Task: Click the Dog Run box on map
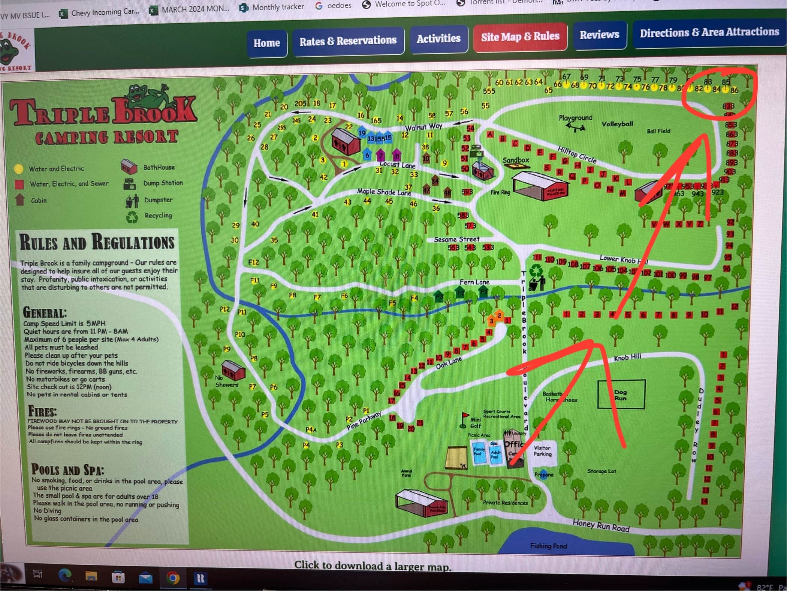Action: (x=621, y=394)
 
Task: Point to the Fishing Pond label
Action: (x=548, y=546)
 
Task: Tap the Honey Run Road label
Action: (x=601, y=526)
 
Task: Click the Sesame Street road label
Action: (x=456, y=239)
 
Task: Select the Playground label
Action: (x=575, y=118)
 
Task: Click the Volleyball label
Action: (x=617, y=124)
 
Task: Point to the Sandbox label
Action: (x=516, y=160)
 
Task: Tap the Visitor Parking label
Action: (x=542, y=451)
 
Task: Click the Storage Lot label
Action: (x=601, y=471)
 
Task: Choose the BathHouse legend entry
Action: (x=159, y=168)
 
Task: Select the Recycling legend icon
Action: (x=132, y=217)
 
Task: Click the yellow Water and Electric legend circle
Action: (x=18, y=169)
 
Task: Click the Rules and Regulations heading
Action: (x=97, y=242)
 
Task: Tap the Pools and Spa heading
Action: (x=67, y=470)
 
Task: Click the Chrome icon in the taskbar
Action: (x=173, y=578)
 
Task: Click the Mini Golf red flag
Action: (x=465, y=415)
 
